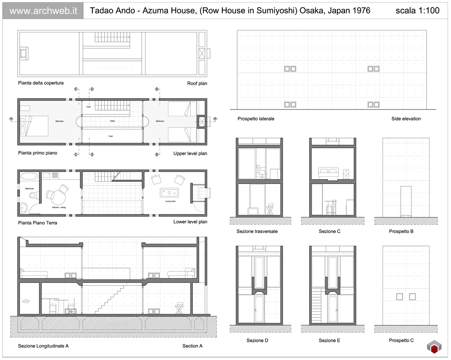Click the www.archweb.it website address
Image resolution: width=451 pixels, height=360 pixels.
pyautogui.click(x=43, y=11)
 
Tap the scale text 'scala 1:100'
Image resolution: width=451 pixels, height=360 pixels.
pyautogui.click(x=417, y=11)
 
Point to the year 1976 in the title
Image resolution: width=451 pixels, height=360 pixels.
pyautogui.click(x=361, y=11)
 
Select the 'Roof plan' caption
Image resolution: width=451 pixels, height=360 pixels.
pyautogui.click(x=197, y=83)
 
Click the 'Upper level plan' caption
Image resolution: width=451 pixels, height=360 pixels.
pyautogui.click(x=190, y=153)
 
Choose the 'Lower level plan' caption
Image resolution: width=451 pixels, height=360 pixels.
pyautogui.click(x=190, y=222)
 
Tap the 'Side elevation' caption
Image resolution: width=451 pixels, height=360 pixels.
pyautogui.click(x=406, y=119)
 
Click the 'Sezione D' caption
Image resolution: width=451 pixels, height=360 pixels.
pyautogui.click(x=257, y=341)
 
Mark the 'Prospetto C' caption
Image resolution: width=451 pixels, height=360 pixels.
pyautogui.click(x=401, y=341)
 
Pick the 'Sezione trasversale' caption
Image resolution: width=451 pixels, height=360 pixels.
pyautogui.click(x=257, y=232)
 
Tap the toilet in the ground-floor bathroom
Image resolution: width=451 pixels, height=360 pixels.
pyautogui.click(x=33, y=195)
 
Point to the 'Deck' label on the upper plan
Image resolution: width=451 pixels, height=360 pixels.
pyautogui.click(x=112, y=121)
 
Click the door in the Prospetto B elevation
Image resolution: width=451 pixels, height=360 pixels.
pyautogui.click(x=406, y=201)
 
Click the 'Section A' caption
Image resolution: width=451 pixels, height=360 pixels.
pyautogui.click(x=192, y=346)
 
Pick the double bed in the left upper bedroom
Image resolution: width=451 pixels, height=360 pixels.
pyautogui.click(x=36, y=126)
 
